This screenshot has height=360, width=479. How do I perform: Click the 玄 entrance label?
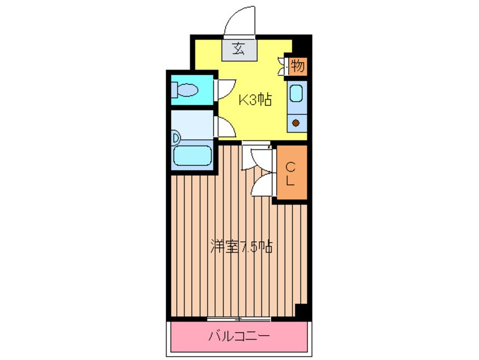[238, 49]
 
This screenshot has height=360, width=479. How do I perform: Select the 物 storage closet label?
[298, 67]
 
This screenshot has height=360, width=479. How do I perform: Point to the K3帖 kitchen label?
[254, 101]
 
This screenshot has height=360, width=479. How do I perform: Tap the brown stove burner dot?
[296, 122]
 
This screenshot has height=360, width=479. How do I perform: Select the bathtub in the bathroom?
[193, 156]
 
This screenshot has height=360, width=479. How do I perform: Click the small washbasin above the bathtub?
[176, 137]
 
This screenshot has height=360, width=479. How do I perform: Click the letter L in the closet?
[290, 181]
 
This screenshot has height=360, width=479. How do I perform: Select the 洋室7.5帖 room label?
[242, 247]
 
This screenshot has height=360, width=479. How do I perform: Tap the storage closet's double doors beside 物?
[284, 67]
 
